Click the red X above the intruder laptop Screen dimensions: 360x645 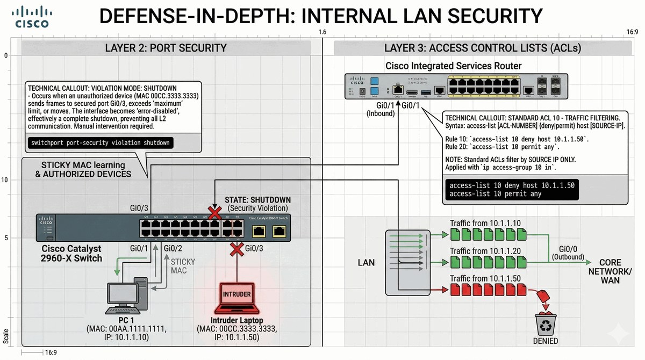tap(236, 249)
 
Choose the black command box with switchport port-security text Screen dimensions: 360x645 tap(101, 143)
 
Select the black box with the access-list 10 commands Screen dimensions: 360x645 tap(512, 189)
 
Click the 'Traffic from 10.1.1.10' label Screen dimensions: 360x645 tap(485, 223)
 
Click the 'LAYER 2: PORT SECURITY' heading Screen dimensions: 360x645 tap(166, 48)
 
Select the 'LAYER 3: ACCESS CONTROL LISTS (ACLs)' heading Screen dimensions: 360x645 tap(482, 48)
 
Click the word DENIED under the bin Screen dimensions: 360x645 tap(545, 341)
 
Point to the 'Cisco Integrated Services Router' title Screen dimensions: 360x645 tap(453, 66)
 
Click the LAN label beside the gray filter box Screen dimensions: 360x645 tap(366, 263)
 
